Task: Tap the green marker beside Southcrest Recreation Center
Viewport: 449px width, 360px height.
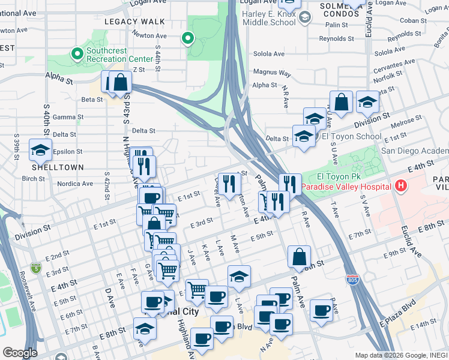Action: [77, 54]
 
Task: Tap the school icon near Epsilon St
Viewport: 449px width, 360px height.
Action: [41, 151]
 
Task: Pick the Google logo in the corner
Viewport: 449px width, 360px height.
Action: [20, 352]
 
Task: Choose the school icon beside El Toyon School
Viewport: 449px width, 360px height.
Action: [304, 136]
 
